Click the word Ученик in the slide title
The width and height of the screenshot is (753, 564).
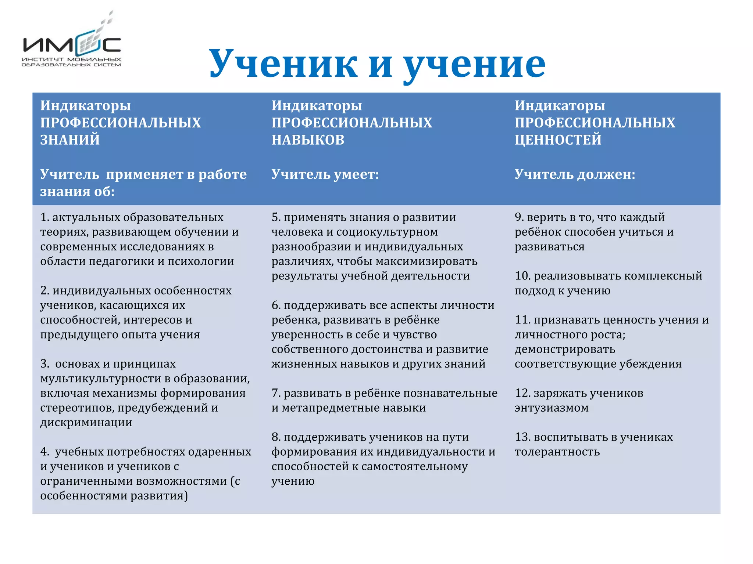click(283, 64)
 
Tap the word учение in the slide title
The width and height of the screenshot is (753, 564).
click(474, 64)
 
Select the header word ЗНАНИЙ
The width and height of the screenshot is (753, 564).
click(70, 140)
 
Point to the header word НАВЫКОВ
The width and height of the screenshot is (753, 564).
click(308, 140)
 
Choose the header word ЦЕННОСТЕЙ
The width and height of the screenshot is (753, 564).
click(558, 140)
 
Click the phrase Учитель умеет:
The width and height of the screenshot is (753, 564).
click(325, 174)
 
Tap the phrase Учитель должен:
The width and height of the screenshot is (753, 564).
click(575, 174)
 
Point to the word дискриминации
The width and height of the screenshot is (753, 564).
click(86, 423)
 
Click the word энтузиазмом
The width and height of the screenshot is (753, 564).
click(552, 408)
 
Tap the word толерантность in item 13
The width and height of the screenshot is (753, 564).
click(557, 452)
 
